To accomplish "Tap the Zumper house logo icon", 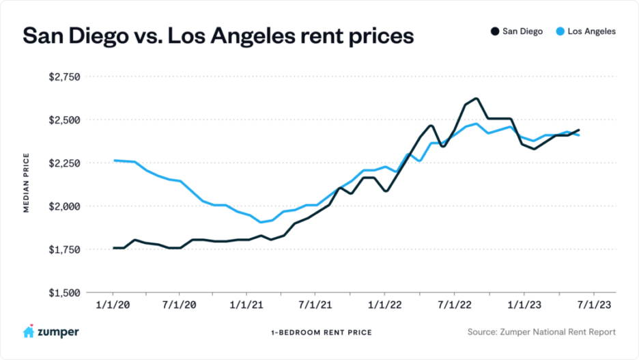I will pos(29,331).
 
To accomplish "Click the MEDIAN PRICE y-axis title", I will pos(27,184).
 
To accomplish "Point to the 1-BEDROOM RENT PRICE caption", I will pos(321,332).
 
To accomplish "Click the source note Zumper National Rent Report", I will pos(541,332).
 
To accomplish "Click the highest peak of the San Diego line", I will pos(476,98).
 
